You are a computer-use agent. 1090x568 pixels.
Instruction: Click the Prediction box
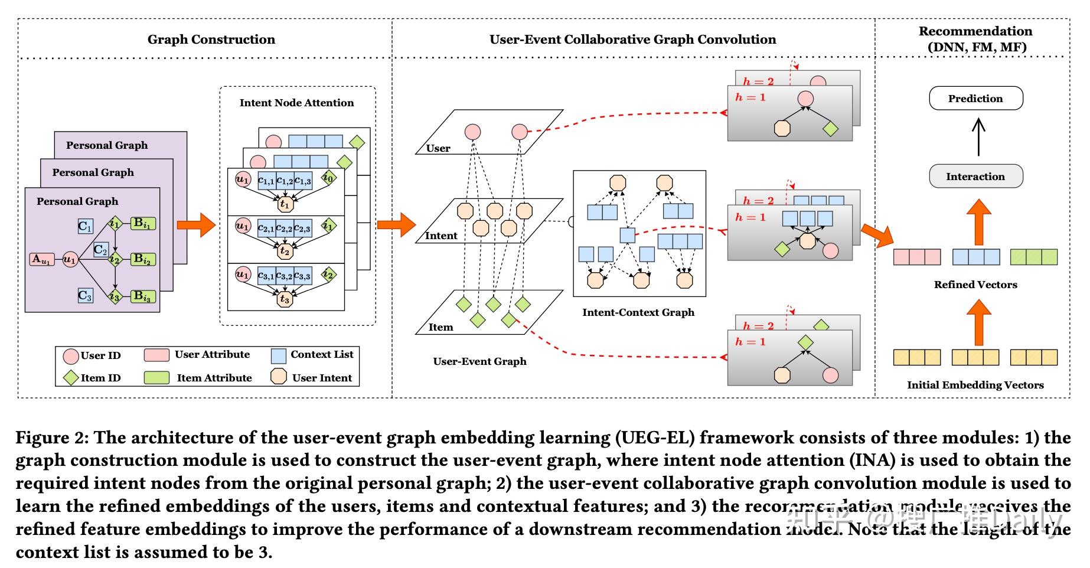click(x=975, y=99)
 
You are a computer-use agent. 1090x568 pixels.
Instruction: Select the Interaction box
click(x=975, y=177)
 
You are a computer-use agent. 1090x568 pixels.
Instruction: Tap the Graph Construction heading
click(x=211, y=40)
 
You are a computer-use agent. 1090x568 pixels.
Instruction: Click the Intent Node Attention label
click(x=296, y=103)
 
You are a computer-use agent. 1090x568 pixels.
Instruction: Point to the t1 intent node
click(x=285, y=204)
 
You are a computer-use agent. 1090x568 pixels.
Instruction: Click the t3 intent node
click(x=285, y=299)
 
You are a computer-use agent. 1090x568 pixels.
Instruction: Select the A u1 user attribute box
click(x=42, y=259)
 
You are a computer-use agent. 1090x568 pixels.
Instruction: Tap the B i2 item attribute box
click(x=142, y=259)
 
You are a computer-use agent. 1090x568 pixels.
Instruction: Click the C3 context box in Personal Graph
click(x=86, y=295)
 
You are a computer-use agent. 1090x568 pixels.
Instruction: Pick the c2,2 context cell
click(x=285, y=227)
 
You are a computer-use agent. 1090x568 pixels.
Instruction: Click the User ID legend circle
click(x=71, y=356)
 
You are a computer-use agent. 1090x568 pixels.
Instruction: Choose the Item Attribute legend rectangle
click(x=156, y=378)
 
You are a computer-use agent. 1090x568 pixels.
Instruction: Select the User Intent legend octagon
click(x=279, y=377)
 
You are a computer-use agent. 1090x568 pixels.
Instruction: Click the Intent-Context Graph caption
click(x=638, y=312)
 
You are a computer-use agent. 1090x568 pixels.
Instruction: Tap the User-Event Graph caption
click(x=479, y=361)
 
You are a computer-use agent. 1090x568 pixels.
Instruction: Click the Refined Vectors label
click(x=975, y=285)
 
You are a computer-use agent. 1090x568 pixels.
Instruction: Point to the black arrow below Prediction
click(x=978, y=137)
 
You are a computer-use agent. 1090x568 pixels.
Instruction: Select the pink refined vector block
click(x=917, y=257)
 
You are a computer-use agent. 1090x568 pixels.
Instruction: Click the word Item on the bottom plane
click(x=440, y=327)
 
